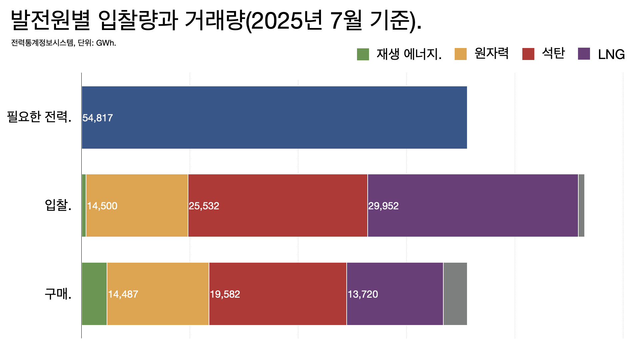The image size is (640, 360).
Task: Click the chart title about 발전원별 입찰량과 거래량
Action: pos(216,21)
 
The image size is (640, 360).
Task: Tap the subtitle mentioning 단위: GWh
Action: pos(63,43)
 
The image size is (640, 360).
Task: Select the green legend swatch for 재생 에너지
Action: pos(363,54)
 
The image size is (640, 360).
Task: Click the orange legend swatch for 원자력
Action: pos(460,54)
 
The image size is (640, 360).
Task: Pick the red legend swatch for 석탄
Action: pos(528,54)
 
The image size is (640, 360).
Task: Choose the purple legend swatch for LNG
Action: pos(584,54)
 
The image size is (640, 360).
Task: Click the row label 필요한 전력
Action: pos(39,117)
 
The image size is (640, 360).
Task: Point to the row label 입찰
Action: pos(58,205)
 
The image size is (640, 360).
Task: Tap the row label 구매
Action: pos(58,294)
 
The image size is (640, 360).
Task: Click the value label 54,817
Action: pos(98,118)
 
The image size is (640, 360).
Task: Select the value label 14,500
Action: pos(102,206)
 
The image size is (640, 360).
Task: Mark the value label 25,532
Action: pos(204,206)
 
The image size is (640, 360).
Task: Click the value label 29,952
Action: pos(383,206)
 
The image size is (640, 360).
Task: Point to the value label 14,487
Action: pos(123,294)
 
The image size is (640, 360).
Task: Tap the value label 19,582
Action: pos(225,294)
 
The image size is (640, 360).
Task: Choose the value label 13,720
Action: pos(363,294)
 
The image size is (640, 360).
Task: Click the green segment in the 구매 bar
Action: pos(94,294)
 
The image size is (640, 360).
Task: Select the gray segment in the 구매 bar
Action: pos(455,294)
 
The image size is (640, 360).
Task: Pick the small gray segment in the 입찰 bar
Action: pos(581,205)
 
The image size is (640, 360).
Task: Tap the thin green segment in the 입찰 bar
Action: pos(84,205)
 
